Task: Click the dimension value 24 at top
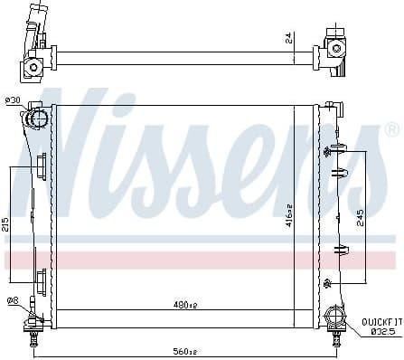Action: click(x=289, y=38)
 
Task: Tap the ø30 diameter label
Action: click(x=13, y=100)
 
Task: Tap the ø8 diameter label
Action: click(x=11, y=301)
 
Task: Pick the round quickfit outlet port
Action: click(x=333, y=317)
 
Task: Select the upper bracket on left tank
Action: click(x=42, y=167)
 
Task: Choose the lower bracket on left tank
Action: click(x=42, y=276)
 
